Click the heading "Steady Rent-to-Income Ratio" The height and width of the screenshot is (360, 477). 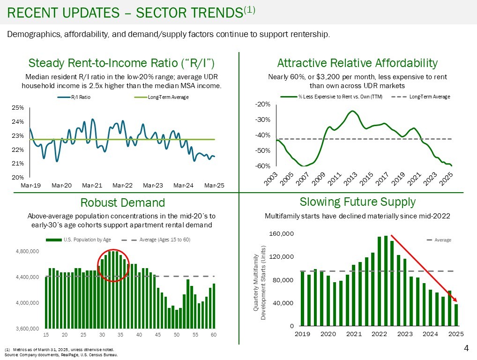coord(122,63)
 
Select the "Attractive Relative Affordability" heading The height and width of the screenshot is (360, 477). coord(357,63)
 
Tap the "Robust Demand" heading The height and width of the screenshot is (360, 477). coord(122,202)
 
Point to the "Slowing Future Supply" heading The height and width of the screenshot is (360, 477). coord(357,202)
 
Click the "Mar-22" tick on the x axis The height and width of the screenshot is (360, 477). coord(122,185)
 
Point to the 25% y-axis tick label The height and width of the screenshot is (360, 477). coord(17,107)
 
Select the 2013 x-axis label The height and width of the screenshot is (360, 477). coord(349,178)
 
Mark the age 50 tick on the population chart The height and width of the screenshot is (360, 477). coord(176,335)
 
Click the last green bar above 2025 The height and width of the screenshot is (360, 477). coord(456,315)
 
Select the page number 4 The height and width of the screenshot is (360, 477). coord(466,348)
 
